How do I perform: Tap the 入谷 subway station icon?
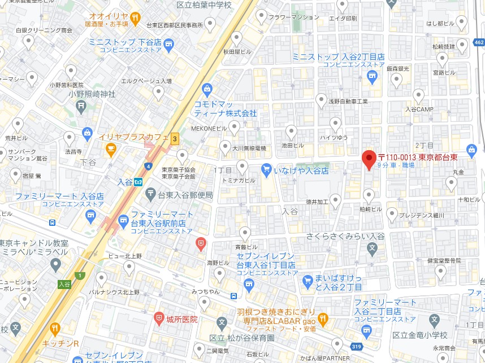point(138,182)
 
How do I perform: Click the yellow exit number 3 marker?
point(175,138)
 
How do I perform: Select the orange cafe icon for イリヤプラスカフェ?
point(111,149)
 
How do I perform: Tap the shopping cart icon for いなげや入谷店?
point(267,169)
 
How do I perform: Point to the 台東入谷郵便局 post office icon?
point(150,195)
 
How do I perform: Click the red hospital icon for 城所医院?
point(159,319)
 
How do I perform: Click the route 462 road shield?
point(479,42)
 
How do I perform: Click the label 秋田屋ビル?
point(236,51)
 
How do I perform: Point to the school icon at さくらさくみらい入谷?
point(372,247)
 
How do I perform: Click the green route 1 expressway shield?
point(81,275)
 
